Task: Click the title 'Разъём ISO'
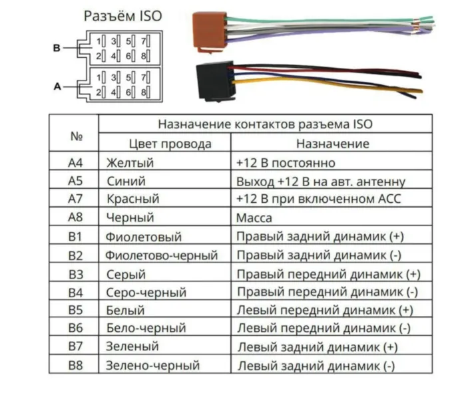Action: click(x=122, y=17)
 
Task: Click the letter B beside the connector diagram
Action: click(x=57, y=49)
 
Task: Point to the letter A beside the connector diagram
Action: click(x=57, y=86)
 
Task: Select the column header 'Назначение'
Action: click(x=332, y=144)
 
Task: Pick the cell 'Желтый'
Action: click(x=130, y=163)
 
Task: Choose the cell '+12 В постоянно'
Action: click(x=285, y=163)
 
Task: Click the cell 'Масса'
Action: click(x=254, y=218)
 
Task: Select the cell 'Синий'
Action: click(x=126, y=181)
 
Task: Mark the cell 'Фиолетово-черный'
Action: click(x=162, y=255)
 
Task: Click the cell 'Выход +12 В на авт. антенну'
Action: click(x=320, y=181)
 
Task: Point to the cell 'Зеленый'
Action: click(x=132, y=346)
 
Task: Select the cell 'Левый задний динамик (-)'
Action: click(x=316, y=365)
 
